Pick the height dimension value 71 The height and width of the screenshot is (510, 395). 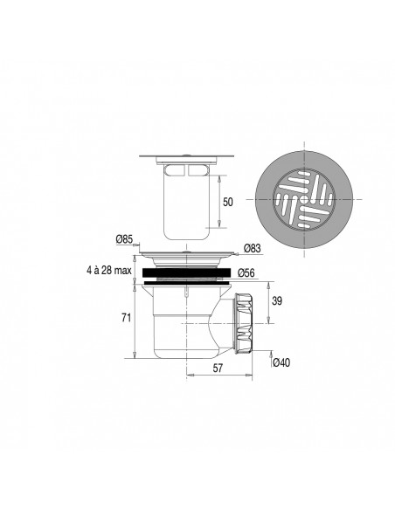click(125, 317)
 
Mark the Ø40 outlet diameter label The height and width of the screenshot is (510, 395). click(281, 362)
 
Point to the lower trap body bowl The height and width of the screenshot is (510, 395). click(184, 332)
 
